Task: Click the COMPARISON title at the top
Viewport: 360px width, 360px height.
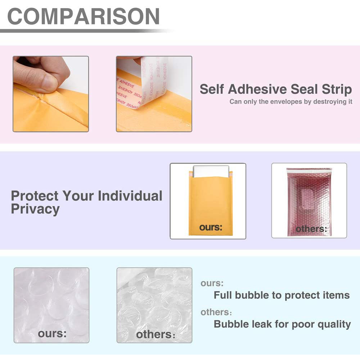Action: click(x=84, y=16)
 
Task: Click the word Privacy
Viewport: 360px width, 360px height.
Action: click(x=35, y=210)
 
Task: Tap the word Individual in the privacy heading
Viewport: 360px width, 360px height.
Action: click(x=130, y=196)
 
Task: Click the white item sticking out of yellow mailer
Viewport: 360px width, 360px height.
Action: click(x=211, y=171)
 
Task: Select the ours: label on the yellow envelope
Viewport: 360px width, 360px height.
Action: click(x=211, y=227)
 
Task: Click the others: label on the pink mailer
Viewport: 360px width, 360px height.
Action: click(x=311, y=229)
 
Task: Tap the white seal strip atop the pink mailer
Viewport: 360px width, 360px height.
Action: click(x=309, y=171)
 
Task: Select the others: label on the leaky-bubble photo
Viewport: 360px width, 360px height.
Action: click(x=156, y=334)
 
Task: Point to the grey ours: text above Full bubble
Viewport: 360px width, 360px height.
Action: click(x=212, y=283)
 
